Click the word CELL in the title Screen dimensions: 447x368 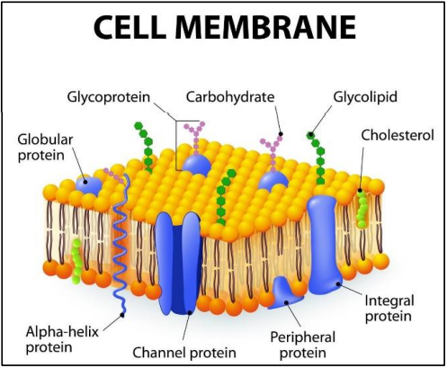(x=130, y=27)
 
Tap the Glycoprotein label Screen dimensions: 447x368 (x=108, y=98)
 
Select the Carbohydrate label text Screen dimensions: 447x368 (x=230, y=97)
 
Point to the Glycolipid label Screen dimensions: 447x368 (x=365, y=97)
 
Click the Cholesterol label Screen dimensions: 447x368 (x=398, y=135)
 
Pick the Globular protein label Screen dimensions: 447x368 (x=45, y=148)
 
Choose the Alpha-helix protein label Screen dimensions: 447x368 (x=62, y=339)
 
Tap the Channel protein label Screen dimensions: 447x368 (x=184, y=353)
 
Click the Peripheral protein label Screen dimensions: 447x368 (x=303, y=345)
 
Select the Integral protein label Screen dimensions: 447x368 (x=389, y=309)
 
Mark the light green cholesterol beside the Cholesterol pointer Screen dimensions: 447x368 (x=362, y=209)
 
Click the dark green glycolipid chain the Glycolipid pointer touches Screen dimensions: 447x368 (x=317, y=158)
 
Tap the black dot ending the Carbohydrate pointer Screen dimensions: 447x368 (x=281, y=134)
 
